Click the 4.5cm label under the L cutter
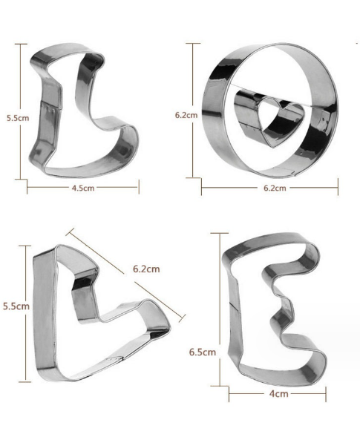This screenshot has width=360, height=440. [x=83, y=188]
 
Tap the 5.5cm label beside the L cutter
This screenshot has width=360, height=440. [x=18, y=118]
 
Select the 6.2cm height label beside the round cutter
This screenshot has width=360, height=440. [x=186, y=115]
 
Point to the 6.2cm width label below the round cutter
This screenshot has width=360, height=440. [x=275, y=188]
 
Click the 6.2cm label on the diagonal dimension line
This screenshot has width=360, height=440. [x=146, y=269]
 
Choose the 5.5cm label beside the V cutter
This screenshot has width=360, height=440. [x=16, y=306]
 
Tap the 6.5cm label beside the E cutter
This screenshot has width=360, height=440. [x=203, y=352]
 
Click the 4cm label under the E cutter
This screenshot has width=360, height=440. [x=279, y=394]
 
